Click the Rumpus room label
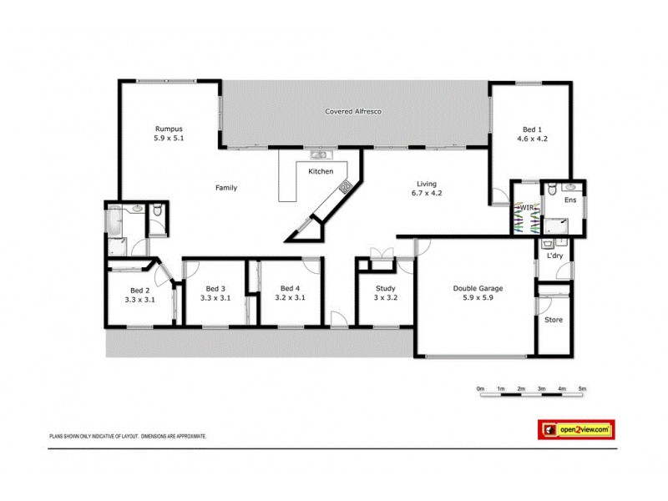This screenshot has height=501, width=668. (169, 129)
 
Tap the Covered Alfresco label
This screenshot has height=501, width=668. (353, 111)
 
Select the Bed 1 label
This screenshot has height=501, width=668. (531, 129)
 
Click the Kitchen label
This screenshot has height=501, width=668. (321, 171)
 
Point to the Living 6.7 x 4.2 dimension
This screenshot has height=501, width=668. (427, 193)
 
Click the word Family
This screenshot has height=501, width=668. (226, 188)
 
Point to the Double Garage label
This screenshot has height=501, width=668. (478, 289)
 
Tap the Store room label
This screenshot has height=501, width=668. (554, 320)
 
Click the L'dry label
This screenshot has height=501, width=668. (555, 256)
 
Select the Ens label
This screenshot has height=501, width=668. (571, 200)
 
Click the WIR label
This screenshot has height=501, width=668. (526, 207)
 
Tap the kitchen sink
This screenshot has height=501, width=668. (319, 154)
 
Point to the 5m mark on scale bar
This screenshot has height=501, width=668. (583, 389)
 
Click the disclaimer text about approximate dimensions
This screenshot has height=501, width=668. (128, 436)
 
